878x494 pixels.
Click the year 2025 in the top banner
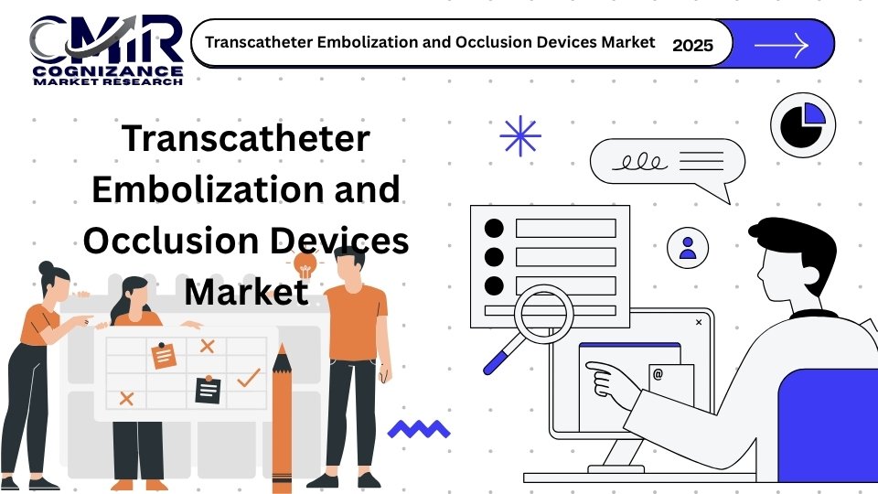[692, 45]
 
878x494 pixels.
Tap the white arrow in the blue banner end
[782, 44]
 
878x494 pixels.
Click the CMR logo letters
[106, 38]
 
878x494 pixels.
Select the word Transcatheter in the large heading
[246, 138]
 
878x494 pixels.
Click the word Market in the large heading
[246, 291]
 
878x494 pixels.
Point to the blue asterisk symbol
[520, 135]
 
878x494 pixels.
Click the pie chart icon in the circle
[802, 125]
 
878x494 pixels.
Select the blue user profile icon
[688, 248]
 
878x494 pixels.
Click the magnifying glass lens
[543, 314]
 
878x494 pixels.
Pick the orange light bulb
[305, 264]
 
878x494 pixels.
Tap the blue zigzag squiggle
[419, 429]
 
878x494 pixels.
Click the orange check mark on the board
[249, 378]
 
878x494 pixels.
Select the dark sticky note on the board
[208, 390]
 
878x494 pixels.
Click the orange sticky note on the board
[164, 356]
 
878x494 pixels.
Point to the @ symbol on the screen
[658, 374]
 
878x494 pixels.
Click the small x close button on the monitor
[699, 322]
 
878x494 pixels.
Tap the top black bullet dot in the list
[494, 229]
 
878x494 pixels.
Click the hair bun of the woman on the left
[46, 267]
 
